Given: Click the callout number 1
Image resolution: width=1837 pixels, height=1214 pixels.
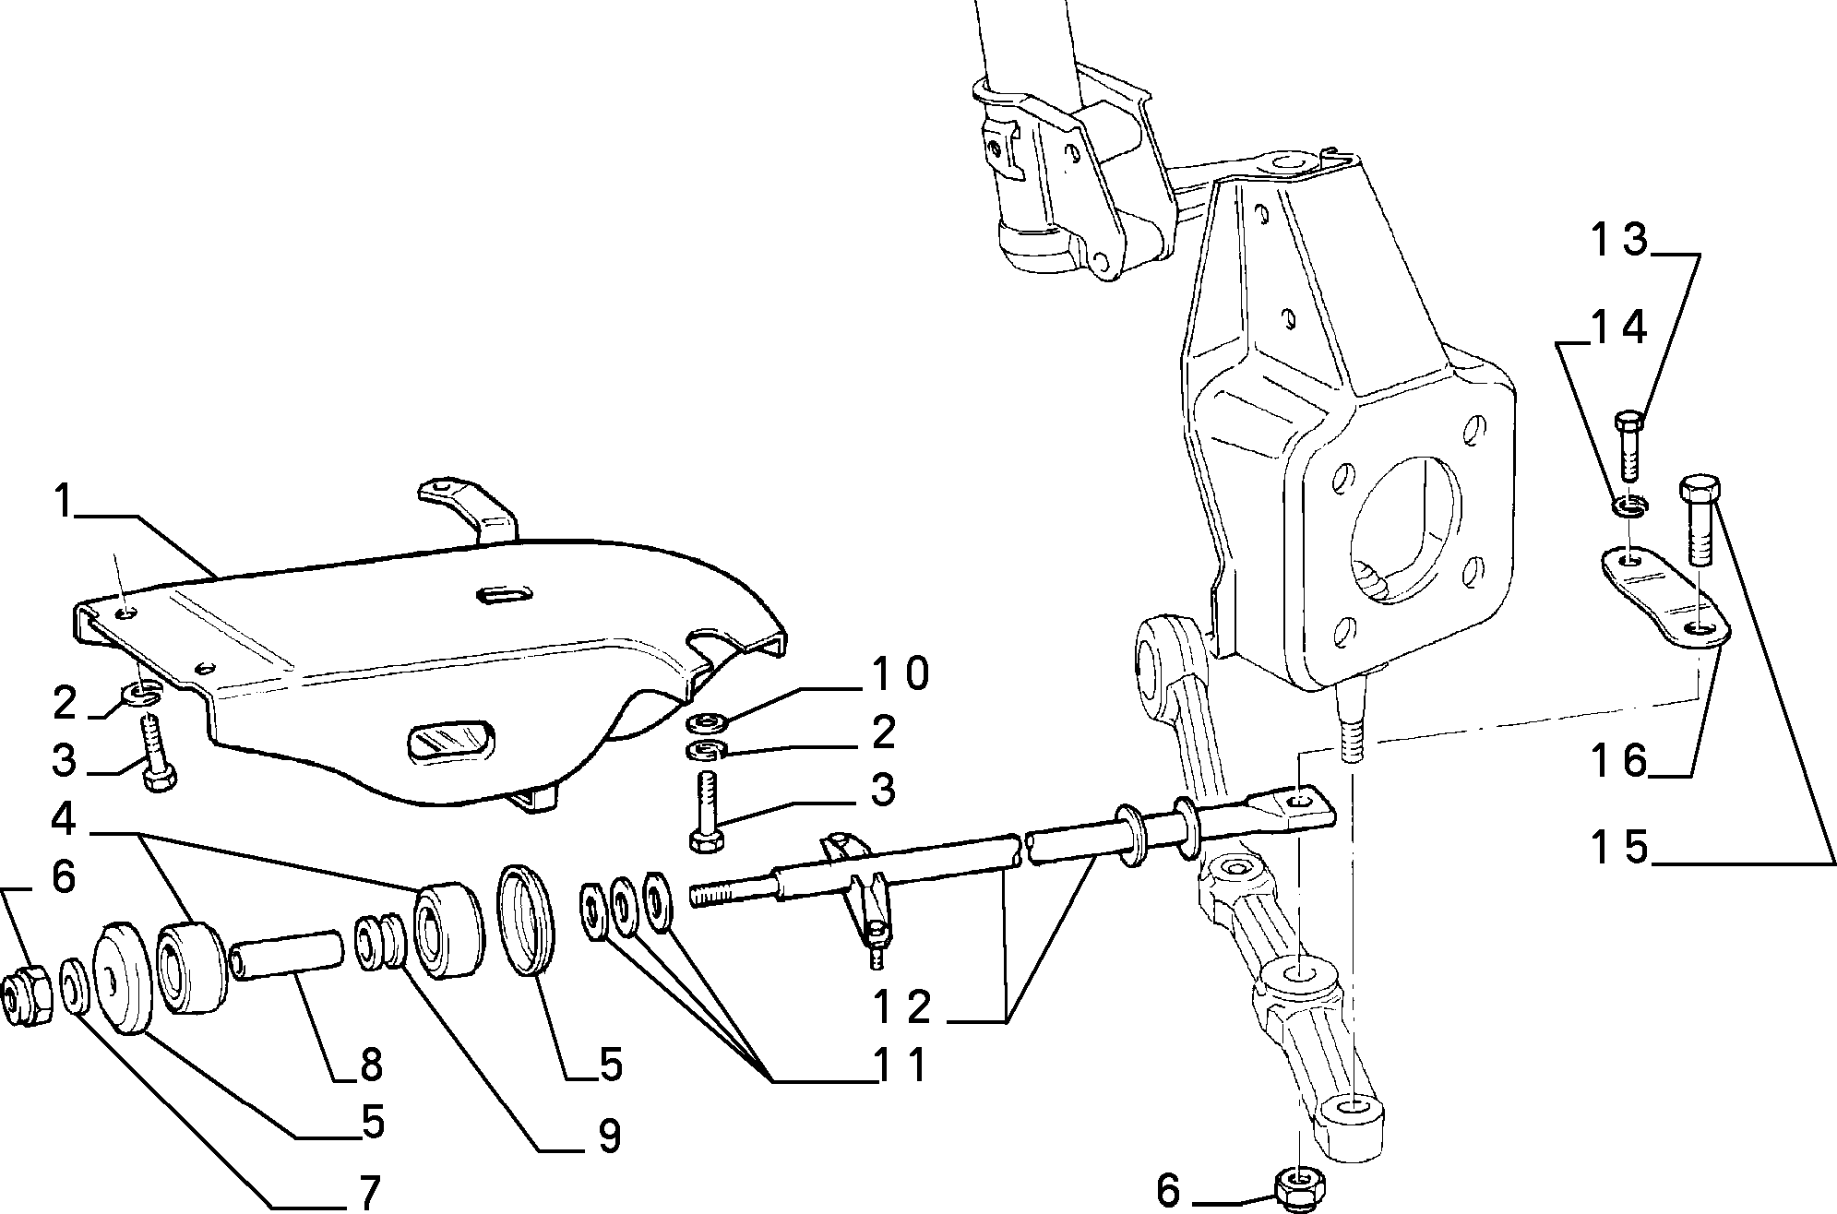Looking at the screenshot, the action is (62, 504).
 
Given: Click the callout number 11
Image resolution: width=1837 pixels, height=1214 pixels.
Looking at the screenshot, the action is (900, 1066).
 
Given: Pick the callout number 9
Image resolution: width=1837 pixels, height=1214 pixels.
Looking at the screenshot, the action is (609, 1137).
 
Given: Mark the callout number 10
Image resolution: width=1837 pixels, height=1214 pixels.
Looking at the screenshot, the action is (899, 674).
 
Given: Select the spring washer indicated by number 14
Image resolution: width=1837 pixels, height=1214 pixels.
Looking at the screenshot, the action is (1630, 506).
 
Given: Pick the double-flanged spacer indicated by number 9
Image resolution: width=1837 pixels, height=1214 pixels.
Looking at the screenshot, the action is (379, 941).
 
